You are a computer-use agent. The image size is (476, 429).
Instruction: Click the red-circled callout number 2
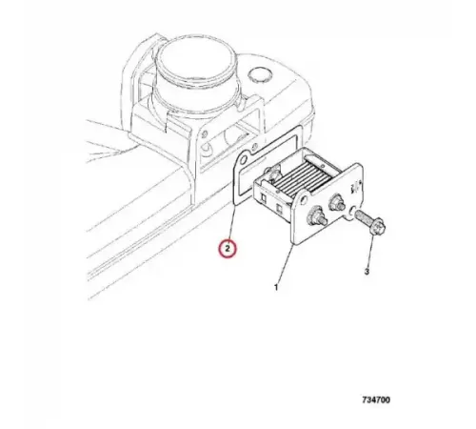pyautogui.click(x=228, y=248)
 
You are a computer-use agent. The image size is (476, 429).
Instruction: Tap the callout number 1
pyautogui.click(x=276, y=287)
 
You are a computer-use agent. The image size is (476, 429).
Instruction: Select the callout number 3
pyautogui.click(x=367, y=272)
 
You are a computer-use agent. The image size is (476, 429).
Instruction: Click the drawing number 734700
pyautogui.click(x=376, y=399)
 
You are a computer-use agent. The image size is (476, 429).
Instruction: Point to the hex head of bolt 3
pyautogui.click(x=377, y=227)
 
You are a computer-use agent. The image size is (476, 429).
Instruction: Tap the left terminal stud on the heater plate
pyautogui.click(x=315, y=217)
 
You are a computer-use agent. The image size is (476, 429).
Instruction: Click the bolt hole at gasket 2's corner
pyautogui.click(x=244, y=159)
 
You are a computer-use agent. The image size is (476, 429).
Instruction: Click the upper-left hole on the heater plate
pyautogui.click(x=303, y=200)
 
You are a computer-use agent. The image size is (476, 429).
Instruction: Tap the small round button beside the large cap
pyautogui.click(x=260, y=75)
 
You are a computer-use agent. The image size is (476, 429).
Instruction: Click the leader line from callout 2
pyautogui.click(x=231, y=222)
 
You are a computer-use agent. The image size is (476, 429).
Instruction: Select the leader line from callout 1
pyautogui.click(x=285, y=263)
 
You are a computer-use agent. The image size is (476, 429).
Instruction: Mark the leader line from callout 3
pyautogui.click(x=370, y=252)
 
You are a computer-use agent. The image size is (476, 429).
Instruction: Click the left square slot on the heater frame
pyautogui.click(x=264, y=198)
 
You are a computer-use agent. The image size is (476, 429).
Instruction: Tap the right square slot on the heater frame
pyautogui.click(x=279, y=208)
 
